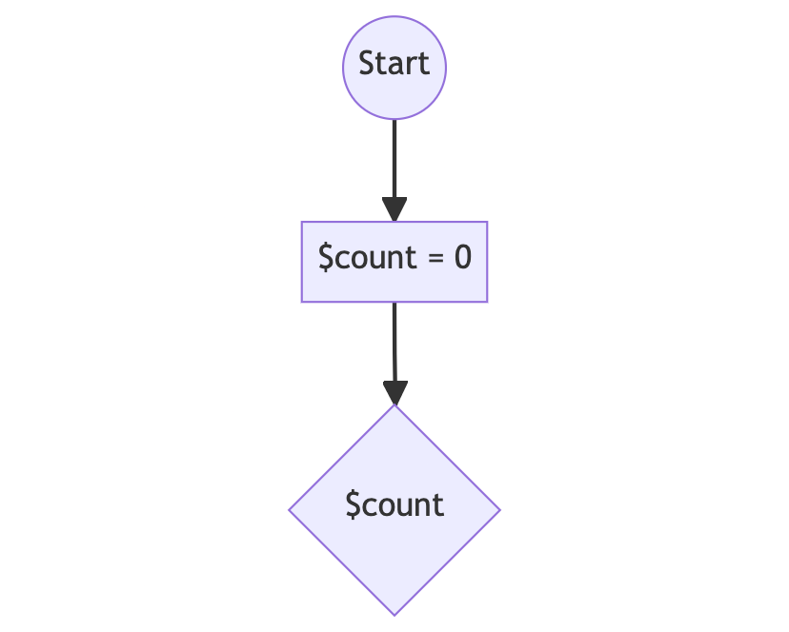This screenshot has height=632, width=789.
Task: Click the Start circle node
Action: [394, 68]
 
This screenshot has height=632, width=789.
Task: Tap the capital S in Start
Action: [367, 64]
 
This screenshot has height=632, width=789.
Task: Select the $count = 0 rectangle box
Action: [394, 262]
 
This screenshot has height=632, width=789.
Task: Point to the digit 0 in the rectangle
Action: [463, 257]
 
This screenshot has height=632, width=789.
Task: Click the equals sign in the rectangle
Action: [435, 258]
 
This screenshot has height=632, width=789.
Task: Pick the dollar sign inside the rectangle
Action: [326, 257]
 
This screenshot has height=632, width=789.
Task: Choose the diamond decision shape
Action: [394, 510]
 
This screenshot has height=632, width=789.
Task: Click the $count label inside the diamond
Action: [394, 504]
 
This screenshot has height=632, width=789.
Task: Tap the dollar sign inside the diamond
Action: [354, 504]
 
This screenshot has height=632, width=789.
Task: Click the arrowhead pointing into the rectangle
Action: [394, 209]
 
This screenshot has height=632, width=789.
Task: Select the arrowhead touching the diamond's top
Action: [395, 393]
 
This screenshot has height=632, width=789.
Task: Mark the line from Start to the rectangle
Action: [394, 159]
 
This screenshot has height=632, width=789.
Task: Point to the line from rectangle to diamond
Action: [394, 342]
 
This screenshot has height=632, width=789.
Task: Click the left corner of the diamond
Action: [289, 510]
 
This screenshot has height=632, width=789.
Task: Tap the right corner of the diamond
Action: [500, 510]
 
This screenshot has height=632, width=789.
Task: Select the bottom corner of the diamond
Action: [394, 616]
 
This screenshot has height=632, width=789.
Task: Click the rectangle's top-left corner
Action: [301, 221]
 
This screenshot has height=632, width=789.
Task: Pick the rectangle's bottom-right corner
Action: [488, 302]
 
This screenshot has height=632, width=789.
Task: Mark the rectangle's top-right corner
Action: [488, 221]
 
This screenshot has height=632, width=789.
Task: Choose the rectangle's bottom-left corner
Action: [301, 302]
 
